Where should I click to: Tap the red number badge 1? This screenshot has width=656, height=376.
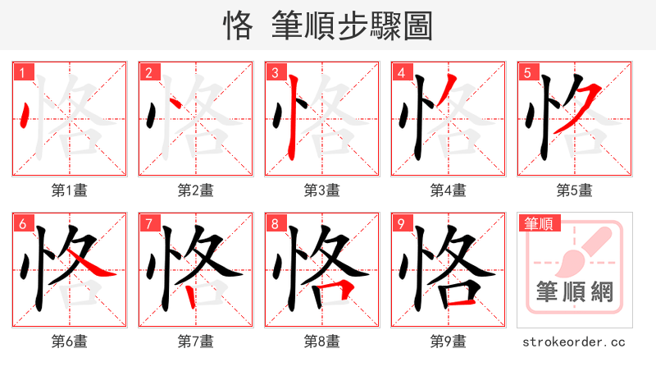21,72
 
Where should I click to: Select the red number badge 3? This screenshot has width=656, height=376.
274,72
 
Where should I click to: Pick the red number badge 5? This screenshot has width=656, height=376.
526,72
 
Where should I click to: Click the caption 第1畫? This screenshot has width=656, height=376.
69,190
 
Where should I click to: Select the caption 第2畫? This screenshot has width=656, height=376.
195,190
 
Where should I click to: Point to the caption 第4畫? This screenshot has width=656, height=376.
448,190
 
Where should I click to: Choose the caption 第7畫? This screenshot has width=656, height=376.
195,341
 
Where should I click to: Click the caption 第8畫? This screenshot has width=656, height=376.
321,341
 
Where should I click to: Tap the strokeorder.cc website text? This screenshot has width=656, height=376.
574,341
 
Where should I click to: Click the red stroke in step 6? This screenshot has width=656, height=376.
95,266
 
